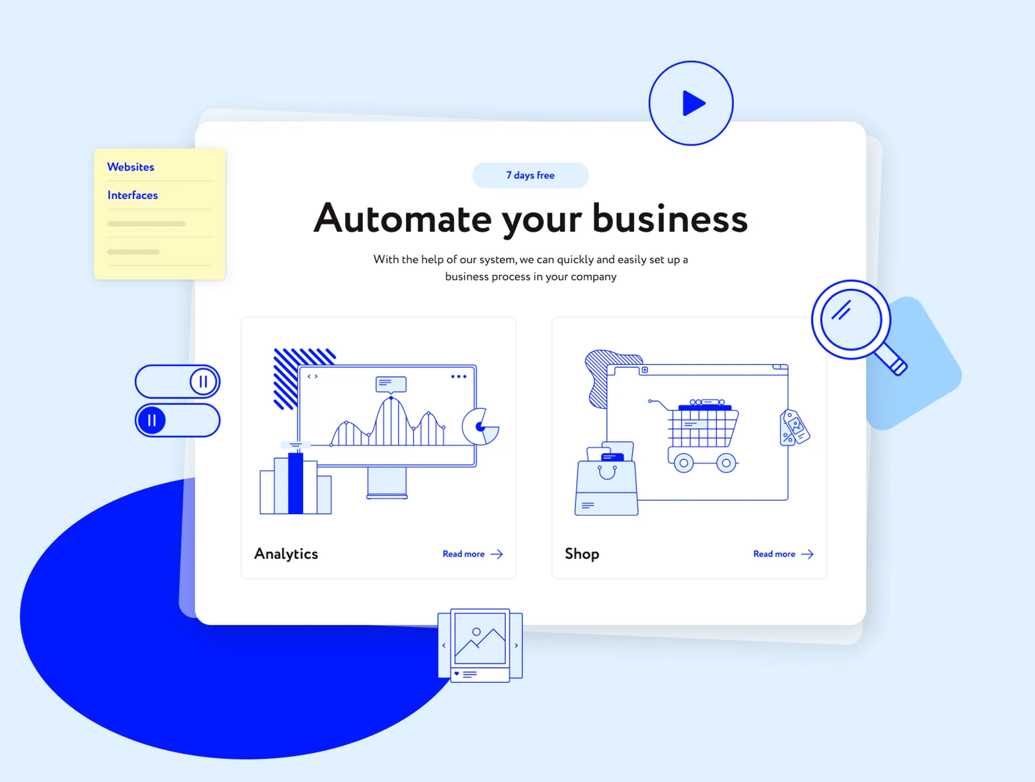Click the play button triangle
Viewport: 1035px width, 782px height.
tap(693, 103)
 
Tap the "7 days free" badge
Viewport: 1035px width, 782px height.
tap(530, 175)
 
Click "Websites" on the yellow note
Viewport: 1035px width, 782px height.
tap(131, 167)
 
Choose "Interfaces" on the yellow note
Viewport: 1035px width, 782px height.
tap(132, 195)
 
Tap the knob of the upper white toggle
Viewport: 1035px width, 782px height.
tap(203, 382)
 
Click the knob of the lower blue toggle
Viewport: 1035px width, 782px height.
tap(152, 420)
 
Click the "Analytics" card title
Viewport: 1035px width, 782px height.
tap(286, 554)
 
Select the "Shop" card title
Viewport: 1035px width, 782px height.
tap(582, 554)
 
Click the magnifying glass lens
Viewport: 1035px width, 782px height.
tap(851, 320)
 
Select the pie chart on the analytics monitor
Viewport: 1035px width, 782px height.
tap(481, 427)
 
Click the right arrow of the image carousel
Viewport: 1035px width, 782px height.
tap(516, 646)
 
